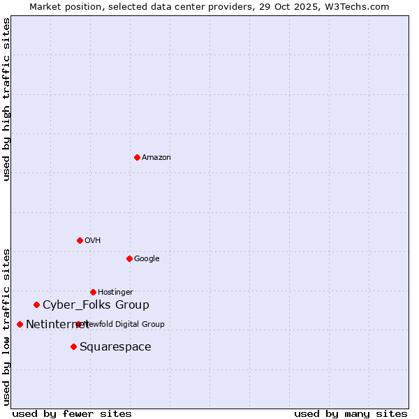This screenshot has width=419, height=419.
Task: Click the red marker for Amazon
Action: pos(137,157)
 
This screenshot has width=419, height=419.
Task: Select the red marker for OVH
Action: pos(80,240)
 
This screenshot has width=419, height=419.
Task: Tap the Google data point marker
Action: pos(129,258)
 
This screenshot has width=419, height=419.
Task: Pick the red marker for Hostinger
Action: pos(93,292)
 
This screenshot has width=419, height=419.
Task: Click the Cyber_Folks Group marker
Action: pos(36,304)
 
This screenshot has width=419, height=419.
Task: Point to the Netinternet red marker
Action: pos(20,324)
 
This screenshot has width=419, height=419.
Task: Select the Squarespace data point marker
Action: pos(73,346)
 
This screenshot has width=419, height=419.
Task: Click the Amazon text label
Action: pos(156,157)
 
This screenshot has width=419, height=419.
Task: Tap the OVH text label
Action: pos(93,240)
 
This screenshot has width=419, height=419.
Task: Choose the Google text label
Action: pos(147,258)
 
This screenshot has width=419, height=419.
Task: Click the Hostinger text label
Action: pos(115,292)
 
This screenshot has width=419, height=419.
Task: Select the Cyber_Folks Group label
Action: pos(96,304)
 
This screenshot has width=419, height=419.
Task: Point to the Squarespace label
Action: pos(115,346)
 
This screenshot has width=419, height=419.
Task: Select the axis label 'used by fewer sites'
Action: pos(72,413)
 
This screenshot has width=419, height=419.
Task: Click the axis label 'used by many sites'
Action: pos(351,413)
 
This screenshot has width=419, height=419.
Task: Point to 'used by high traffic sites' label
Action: pos(6,99)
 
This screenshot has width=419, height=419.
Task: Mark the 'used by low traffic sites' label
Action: pos(6,326)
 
